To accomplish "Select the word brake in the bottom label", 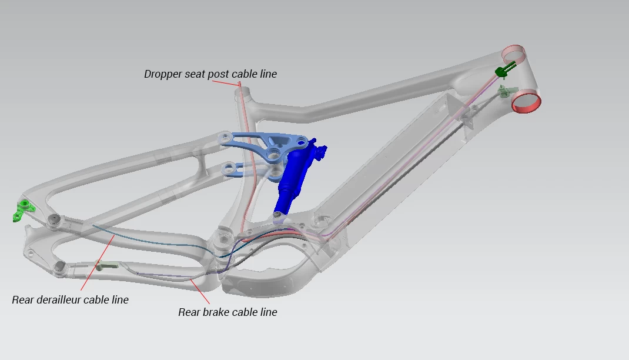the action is click(216, 312).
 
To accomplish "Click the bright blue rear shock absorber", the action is click(297, 176).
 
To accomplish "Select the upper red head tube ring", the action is click(513, 54).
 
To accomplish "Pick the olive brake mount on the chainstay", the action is click(107, 265).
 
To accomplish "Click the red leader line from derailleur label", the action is click(98, 262).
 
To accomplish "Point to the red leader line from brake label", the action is click(200, 291).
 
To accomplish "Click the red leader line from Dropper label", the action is click(226, 83).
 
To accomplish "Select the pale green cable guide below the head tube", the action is click(506, 92).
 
